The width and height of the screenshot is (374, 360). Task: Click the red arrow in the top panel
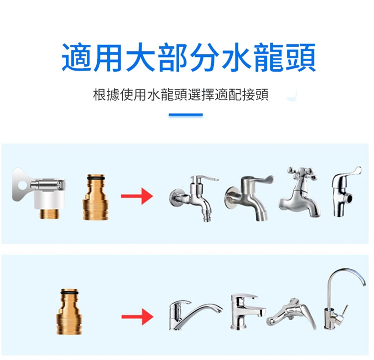point(137,196)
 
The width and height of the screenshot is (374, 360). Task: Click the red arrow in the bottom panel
point(137,317)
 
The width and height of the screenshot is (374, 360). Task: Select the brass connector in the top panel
point(95,197)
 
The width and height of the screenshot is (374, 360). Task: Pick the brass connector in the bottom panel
point(69,312)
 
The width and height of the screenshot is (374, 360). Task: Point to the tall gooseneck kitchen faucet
point(344,299)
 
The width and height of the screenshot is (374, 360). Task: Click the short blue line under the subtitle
point(186,115)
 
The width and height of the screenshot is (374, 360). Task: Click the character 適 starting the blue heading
point(77,57)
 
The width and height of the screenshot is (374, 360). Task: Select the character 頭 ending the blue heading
point(301,57)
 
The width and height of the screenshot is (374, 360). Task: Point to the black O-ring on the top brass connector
point(96,178)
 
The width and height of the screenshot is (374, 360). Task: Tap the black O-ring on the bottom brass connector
point(69,292)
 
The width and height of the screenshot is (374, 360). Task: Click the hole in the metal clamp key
point(22,184)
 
